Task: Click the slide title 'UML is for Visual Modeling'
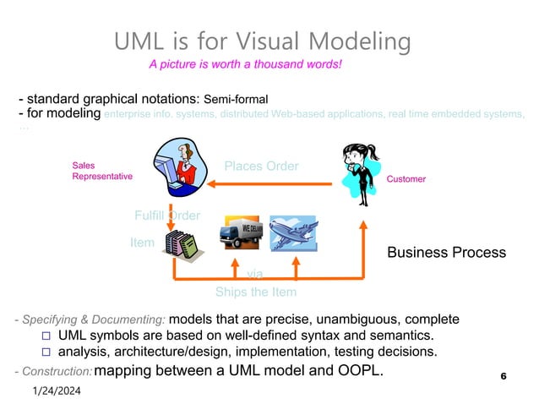[x=263, y=41]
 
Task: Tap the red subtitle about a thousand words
[x=245, y=64]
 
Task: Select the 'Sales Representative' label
[x=101, y=172]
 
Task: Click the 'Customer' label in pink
[x=406, y=180]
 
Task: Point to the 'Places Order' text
[x=261, y=166]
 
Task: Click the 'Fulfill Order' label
[x=167, y=215]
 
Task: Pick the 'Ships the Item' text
[x=256, y=292]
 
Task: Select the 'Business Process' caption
[x=446, y=253]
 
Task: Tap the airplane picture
[x=292, y=232]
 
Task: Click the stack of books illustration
[x=182, y=244]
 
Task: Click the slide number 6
[x=504, y=375]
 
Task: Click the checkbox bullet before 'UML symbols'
[x=47, y=336]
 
